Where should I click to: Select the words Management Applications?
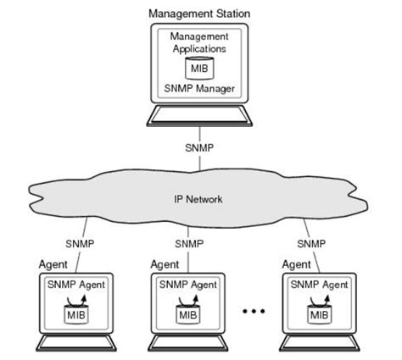coord(200,43)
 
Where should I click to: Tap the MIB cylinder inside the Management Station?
coord(200,67)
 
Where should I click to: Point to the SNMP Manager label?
coord(200,87)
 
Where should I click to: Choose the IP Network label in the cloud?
coord(200,200)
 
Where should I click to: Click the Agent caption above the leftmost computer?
coord(54,265)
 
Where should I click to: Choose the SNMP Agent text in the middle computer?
coord(187,285)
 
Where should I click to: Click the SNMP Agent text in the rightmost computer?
coord(314,285)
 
